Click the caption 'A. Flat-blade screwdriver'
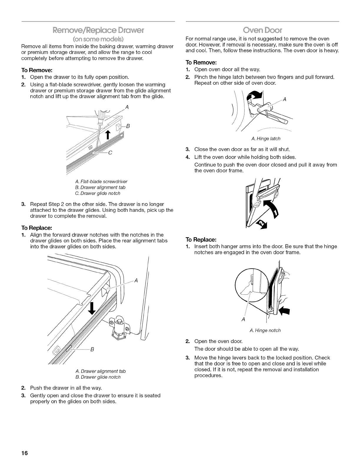pos(98,182)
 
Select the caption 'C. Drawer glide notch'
pos(98,193)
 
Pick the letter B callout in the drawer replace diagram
pos(92,349)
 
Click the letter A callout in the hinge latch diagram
pos(284,99)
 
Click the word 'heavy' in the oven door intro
pos(332,50)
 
